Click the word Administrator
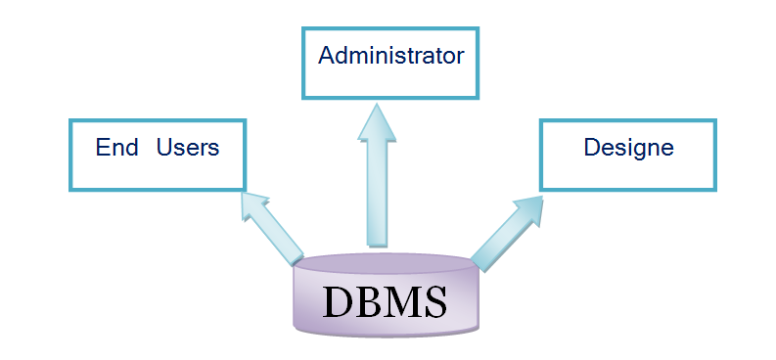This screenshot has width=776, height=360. (x=390, y=55)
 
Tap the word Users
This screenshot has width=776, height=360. (x=188, y=148)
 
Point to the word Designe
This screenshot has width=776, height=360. (x=628, y=148)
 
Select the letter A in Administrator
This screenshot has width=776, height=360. (x=327, y=55)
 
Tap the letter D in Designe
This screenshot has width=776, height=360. (x=591, y=148)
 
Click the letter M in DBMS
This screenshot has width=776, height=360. (x=400, y=301)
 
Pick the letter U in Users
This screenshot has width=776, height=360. (x=164, y=148)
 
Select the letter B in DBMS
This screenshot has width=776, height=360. (x=367, y=301)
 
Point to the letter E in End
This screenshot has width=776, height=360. (x=102, y=148)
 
